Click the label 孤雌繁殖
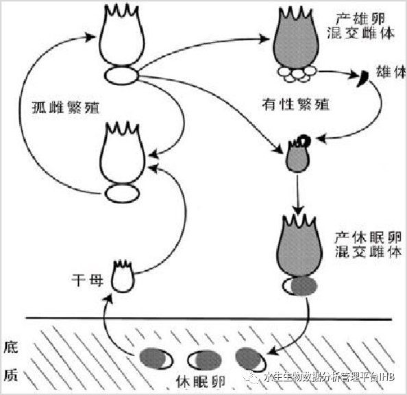(x=65, y=108)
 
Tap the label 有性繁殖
(x=295, y=105)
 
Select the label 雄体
(x=391, y=72)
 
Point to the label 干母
(x=87, y=280)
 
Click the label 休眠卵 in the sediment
(x=200, y=382)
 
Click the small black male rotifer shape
(x=363, y=78)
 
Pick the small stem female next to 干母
(x=123, y=276)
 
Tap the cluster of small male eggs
(x=296, y=74)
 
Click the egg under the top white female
(x=121, y=75)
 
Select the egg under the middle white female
(x=122, y=193)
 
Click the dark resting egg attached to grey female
(x=300, y=286)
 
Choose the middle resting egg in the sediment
(x=205, y=361)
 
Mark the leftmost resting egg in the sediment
(x=156, y=359)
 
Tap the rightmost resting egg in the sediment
(x=251, y=359)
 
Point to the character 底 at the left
(x=11, y=347)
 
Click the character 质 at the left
(x=11, y=376)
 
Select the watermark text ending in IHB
(x=329, y=377)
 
